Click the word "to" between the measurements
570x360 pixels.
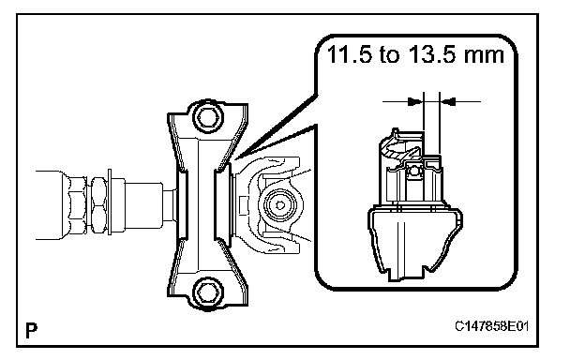pos(390,55)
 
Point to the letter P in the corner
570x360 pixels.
pos(32,330)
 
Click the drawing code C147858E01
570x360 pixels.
pos(491,326)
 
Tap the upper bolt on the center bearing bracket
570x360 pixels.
pos(207,117)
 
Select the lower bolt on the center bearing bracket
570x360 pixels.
pos(207,292)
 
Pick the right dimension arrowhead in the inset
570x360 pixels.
pos(448,101)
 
